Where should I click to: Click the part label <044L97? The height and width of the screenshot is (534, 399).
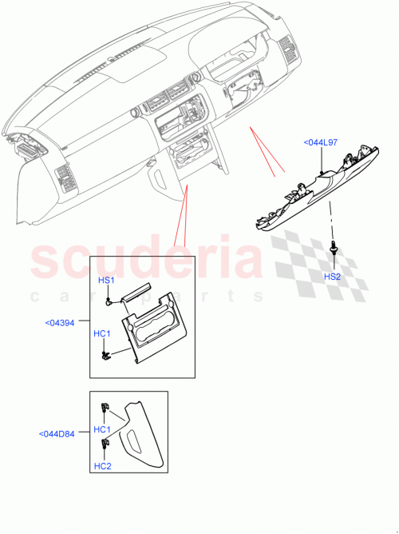[x=321, y=142]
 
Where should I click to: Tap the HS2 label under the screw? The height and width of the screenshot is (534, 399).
[x=331, y=276]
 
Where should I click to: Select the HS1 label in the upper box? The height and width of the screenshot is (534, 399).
[x=106, y=281]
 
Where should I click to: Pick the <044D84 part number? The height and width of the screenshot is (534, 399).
[x=57, y=435]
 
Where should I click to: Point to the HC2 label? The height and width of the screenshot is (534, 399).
[x=102, y=467]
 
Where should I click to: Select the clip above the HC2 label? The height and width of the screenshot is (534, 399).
[x=103, y=444]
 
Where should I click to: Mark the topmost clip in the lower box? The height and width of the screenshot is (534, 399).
[x=103, y=408]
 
